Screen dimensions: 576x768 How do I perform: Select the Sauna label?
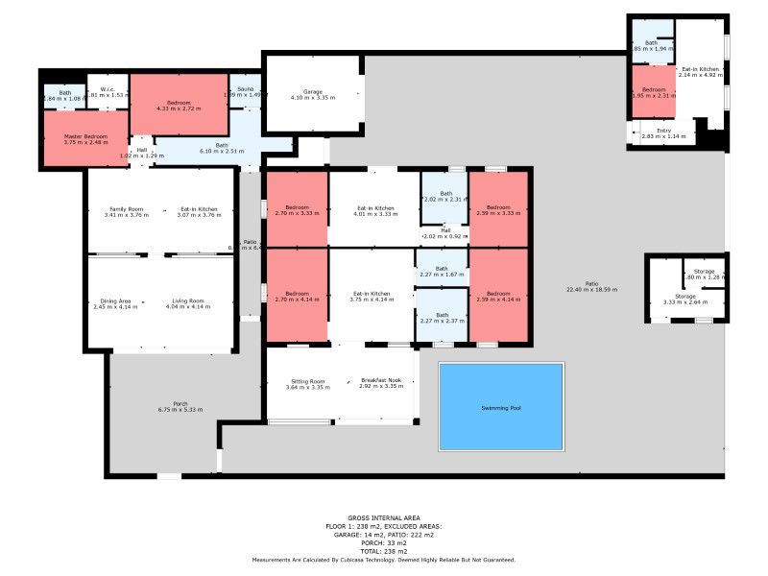[x=244, y=88]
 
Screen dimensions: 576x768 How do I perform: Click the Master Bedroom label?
[x=85, y=137]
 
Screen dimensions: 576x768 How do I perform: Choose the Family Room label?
[x=126, y=208]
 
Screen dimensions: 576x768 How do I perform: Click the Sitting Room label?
[x=307, y=381]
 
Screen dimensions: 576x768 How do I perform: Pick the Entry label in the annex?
[x=662, y=131]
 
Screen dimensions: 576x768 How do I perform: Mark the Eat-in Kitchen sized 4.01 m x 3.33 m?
[x=374, y=213]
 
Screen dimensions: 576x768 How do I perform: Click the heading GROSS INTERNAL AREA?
[x=383, y=516]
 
